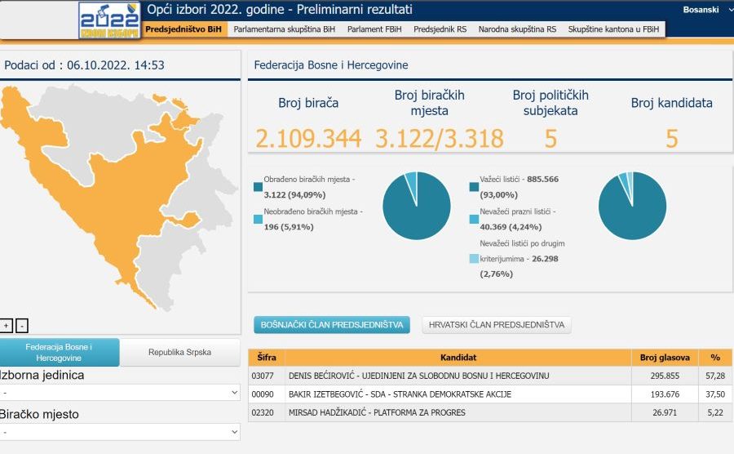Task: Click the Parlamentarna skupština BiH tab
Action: click(284, 29)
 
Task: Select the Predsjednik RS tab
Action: click(440, 29)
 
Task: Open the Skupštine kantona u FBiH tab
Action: click(616, 29)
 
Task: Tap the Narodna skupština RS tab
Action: click(517, 29)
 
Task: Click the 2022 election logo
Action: click(109, 20)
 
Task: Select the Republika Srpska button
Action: click(179, 353)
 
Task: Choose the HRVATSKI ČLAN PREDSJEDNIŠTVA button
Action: click(497, 325)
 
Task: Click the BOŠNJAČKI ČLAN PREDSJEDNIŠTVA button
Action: click(332, 325)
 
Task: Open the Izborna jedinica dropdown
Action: click(120, 393)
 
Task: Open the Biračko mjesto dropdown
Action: click(120, 431)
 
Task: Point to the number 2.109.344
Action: click(308, 139)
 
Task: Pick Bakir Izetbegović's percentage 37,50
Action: click(715, 394)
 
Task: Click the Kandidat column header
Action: click(458, 358)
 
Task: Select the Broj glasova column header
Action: click(665, 358)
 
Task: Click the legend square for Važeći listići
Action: click(474, 187)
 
